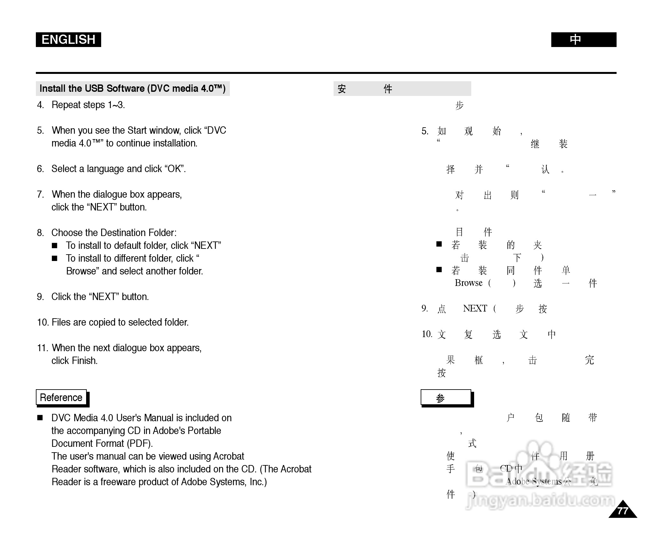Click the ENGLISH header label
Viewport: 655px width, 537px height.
[68, 40]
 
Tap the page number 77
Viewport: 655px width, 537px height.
[622, 511]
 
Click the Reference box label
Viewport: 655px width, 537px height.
[61, 398]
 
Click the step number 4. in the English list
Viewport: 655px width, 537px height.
[41, 105]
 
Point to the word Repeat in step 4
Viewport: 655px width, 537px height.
[65, 105]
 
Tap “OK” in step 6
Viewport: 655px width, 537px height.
[175, 169]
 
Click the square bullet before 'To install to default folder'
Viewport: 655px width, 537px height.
[55, 246]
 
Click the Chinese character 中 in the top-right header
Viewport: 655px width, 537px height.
[575, 40]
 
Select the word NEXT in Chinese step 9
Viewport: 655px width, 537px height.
[475, 309]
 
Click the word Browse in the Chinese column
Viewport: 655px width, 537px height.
[468, 283]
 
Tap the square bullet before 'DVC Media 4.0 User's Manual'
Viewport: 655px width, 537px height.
[40, 418]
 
